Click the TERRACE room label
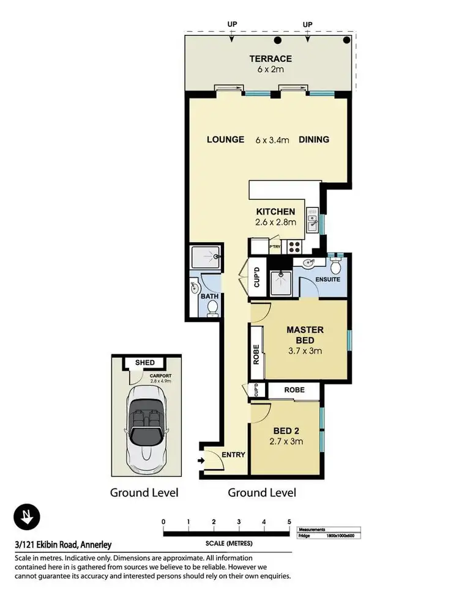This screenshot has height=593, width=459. click(270, 59)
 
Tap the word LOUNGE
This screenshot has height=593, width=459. click(226, 139)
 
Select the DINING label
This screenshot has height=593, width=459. click(314, 139)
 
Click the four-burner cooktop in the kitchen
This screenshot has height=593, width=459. click(294, 246)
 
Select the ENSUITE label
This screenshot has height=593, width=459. click(327, 280)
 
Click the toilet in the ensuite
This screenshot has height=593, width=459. click(335, 265)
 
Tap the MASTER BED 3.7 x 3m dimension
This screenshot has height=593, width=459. click(305, 351)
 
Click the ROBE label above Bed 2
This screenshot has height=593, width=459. click(293, 389)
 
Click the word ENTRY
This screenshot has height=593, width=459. click(234, 454)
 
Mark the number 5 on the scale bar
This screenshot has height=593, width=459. click(289, 521)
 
